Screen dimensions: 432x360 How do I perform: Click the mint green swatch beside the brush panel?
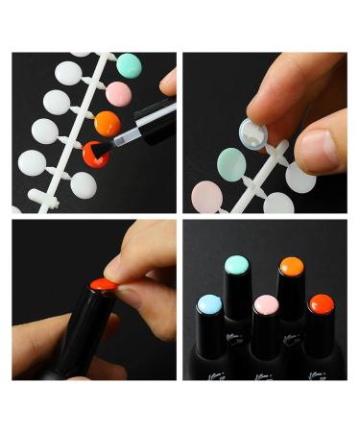[x=129, y=65]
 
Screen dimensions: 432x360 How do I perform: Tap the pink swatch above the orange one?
[x=118, y=94]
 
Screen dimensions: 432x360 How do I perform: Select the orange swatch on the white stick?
[x=107, y=124]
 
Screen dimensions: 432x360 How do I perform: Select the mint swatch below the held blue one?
[x=231, y=164]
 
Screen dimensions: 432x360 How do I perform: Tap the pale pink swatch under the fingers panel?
[x=205, y=196]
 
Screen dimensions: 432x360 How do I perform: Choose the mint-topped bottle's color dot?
[x=237, y=265]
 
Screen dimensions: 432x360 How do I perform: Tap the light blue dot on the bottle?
[x=208, y=305]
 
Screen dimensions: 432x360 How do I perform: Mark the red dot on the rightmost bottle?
[x=320, y=304]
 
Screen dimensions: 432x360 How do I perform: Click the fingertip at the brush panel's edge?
[x=169, y=82]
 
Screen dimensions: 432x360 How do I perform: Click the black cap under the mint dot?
[x=237, y=293]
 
